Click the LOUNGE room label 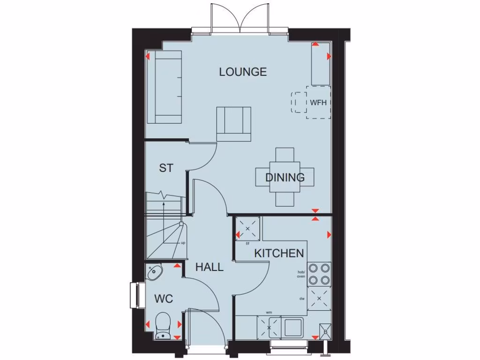(x=243, y=72)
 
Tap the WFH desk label (x=318, y=103)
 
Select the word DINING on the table (x=285, y=178)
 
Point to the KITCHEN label (x=279, y=254)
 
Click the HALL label (x=209, y=267)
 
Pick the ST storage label (x=166, y=168)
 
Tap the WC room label (x=164, y=299)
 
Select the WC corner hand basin (x=154, y=272)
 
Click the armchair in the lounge (x=234, y=123)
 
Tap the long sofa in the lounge (x=163, y=87)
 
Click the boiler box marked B (x=325, y=330)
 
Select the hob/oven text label (x=301, y=274)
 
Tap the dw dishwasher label (x=302, y=298)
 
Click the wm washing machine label (x=269, y=312)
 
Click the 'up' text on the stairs (x=183, y=243)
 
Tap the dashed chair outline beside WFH (x=299, y=102)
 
